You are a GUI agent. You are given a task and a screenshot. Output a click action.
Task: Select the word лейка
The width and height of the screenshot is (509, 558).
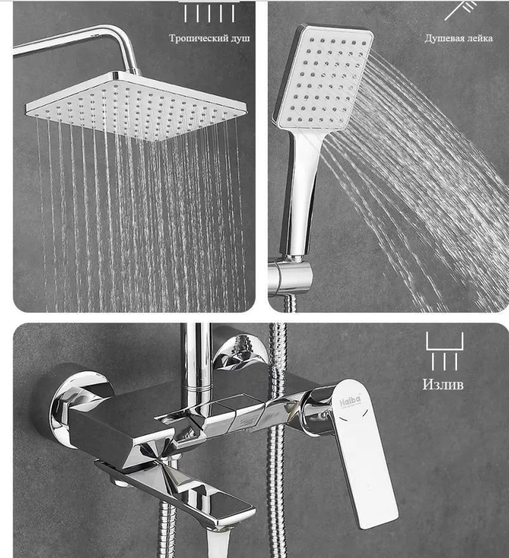click(x=480, y=38)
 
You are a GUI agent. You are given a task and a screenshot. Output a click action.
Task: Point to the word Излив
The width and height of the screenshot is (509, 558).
click(x=443, y=384)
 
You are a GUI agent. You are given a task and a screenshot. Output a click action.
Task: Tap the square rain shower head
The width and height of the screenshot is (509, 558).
click(x=136, y=105)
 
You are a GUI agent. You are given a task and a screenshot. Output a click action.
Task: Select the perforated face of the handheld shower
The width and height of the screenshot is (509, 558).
click(x=324, y=78)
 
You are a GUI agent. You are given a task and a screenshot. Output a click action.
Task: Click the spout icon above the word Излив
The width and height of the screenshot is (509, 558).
click(x=445, y=351)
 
